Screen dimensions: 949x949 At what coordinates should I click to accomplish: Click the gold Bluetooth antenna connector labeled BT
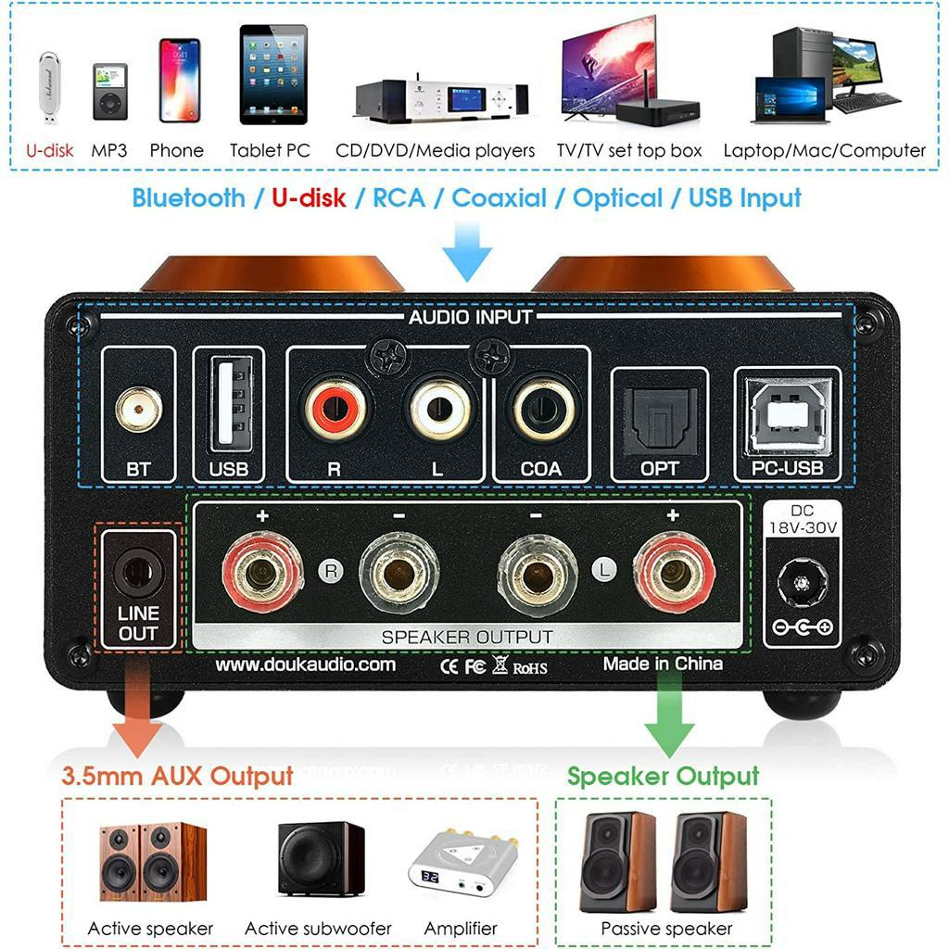[x=137, y=409]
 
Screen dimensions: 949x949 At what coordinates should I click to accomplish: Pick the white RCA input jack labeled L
[x=439, y=409]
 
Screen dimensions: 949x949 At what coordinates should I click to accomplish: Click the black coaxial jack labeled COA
[x=543, y=409]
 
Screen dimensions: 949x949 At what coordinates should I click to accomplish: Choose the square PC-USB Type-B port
[x=788, y=413]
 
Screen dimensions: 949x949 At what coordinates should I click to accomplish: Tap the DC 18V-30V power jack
[x=800, y=585]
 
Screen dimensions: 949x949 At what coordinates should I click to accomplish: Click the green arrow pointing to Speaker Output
[x=670, y=717]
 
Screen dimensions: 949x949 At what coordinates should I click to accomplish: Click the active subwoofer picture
[x=321, y=858]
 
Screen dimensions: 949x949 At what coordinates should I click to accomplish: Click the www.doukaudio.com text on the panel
[x=305, y=664]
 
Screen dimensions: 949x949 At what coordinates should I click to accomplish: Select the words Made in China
[x=663, y=664]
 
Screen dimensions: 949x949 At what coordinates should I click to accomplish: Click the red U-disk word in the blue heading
[x=309, y=198]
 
